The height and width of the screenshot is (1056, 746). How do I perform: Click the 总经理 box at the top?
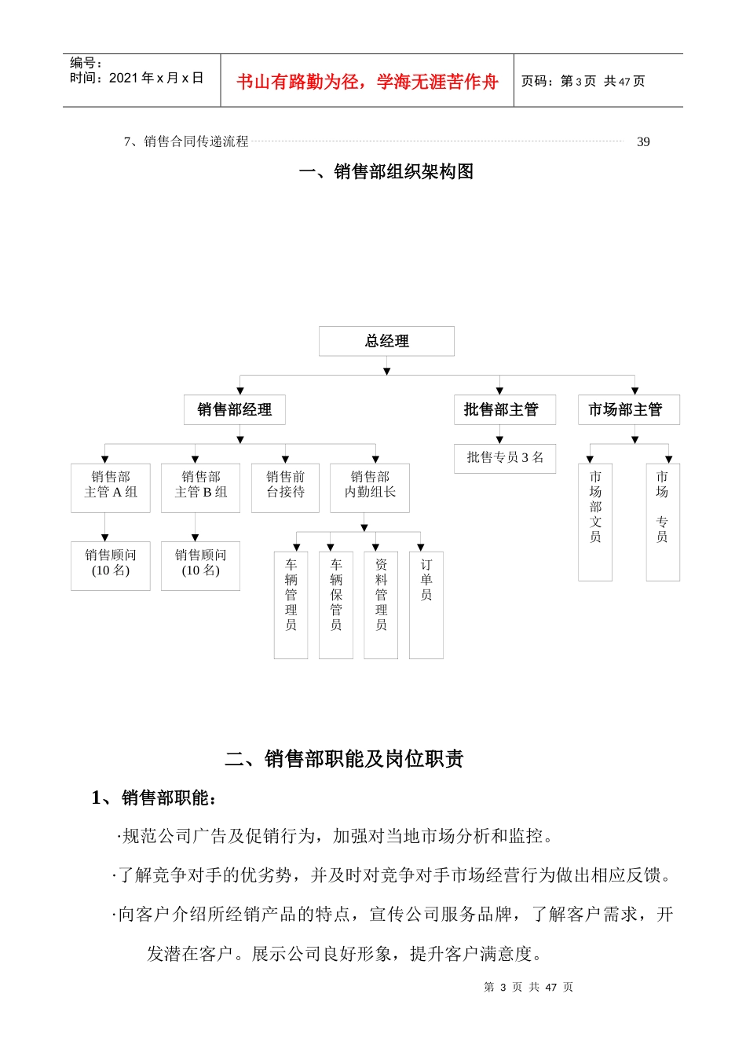pos(386,341)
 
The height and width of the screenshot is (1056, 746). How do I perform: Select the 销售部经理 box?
pos(234,409)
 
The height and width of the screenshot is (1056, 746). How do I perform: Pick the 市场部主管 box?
pos(628,409)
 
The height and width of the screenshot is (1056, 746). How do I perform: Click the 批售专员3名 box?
pos(504,457)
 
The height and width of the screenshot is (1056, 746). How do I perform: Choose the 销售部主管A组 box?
pos(110,487)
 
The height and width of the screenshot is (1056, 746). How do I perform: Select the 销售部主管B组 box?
pos(200,487)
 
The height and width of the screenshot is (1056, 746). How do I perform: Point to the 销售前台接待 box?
pos(285,487)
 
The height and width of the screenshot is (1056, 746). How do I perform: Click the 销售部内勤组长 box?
pos(370,487)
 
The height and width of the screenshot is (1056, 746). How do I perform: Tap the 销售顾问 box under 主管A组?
pos(110,565)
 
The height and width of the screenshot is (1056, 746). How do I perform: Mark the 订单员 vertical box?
pos(426,604)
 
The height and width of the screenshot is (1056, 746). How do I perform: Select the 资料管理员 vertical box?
pos(381,604)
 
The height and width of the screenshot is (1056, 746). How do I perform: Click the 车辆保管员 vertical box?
pos(336,604)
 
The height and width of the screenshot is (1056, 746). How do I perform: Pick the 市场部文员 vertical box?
pos(595,522)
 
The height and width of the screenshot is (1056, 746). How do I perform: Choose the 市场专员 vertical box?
pos(663,522)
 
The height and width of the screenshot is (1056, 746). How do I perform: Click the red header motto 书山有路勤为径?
pos(367,82)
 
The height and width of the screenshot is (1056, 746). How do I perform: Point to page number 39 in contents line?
pos(643,142)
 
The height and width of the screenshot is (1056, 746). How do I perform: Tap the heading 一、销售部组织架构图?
pos(386,172)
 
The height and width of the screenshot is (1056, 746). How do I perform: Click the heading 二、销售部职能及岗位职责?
pos(344,758)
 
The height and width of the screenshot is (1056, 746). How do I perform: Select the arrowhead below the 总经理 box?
pos(386,371)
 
